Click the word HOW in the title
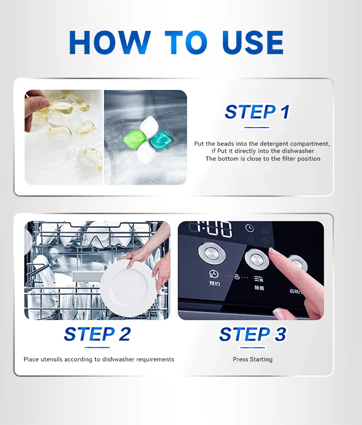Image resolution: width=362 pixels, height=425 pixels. click(110, 42)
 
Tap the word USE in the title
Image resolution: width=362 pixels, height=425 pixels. click(252, 42)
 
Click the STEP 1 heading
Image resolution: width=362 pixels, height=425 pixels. click(257, 111)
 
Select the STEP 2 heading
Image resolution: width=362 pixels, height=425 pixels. click(97, 334)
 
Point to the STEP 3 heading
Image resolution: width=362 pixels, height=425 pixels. click(252, 334)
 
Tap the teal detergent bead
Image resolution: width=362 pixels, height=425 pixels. click(161, 139)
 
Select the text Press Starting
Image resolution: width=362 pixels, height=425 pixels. click(253, 359)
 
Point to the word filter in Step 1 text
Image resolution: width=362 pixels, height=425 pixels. click(289, 159)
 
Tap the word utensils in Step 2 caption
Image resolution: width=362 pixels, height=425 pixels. click(51, 359)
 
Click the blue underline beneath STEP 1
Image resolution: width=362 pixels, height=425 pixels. click(257, 127)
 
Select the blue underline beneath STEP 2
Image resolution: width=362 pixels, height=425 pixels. click(97, 347)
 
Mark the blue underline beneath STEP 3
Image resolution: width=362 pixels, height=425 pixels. click(253, 347)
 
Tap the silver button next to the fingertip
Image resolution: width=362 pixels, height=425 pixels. click(256, 260)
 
